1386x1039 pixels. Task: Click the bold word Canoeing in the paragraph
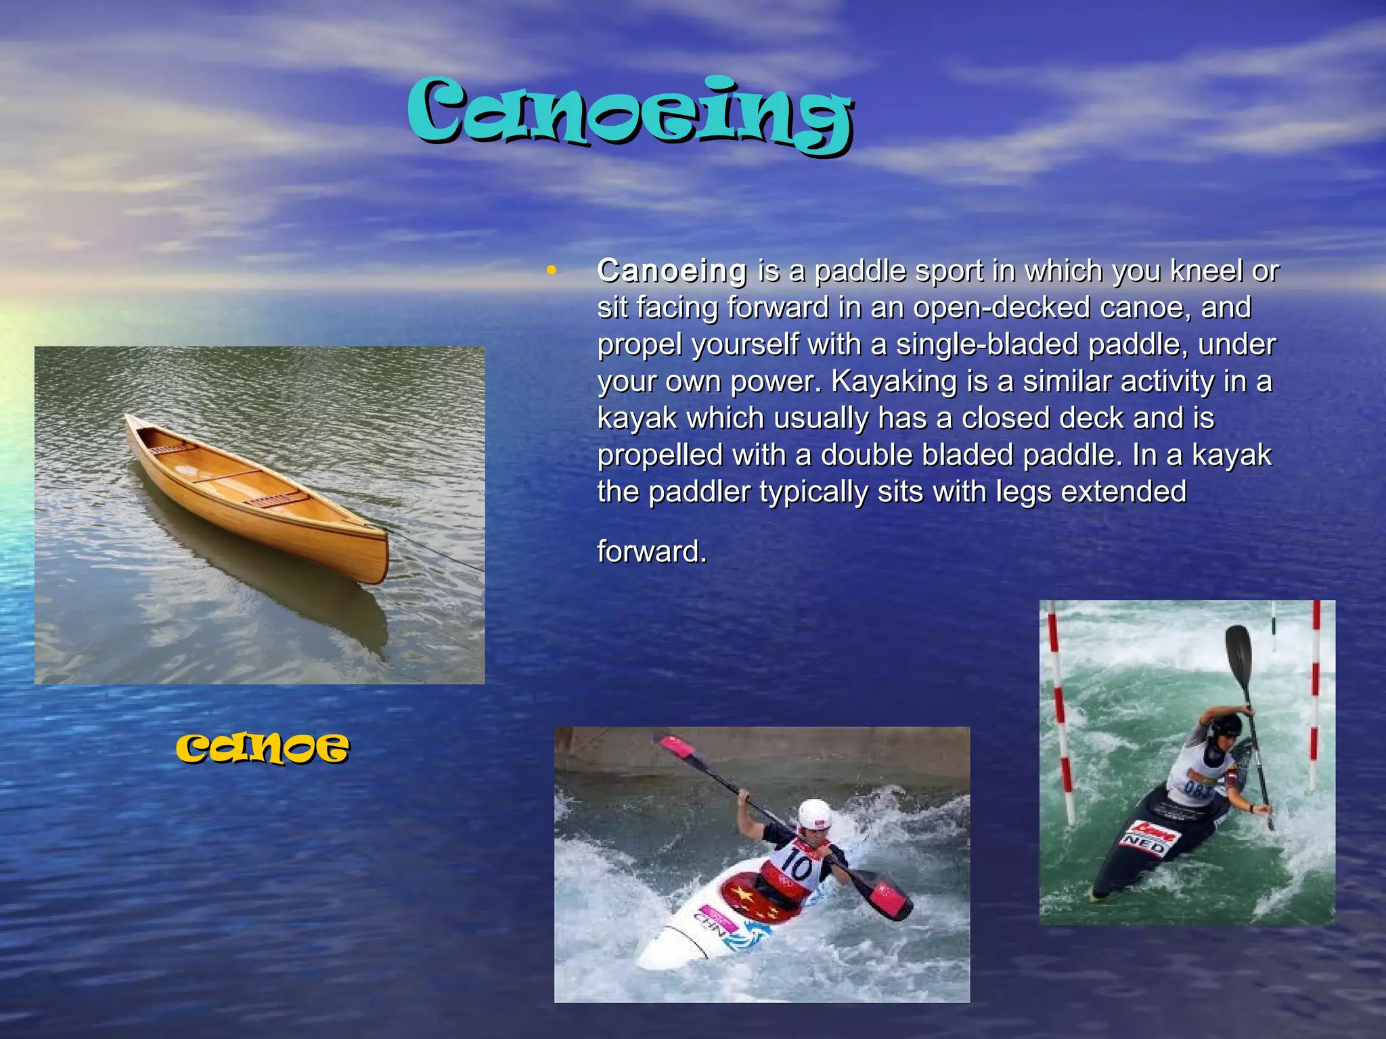(672, 271)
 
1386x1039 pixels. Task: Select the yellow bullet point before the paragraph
(552, 271)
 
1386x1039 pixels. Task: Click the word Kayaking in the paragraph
(893, 382)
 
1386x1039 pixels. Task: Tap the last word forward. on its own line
(652, 551)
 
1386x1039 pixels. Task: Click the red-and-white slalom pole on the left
(1060, 710)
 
